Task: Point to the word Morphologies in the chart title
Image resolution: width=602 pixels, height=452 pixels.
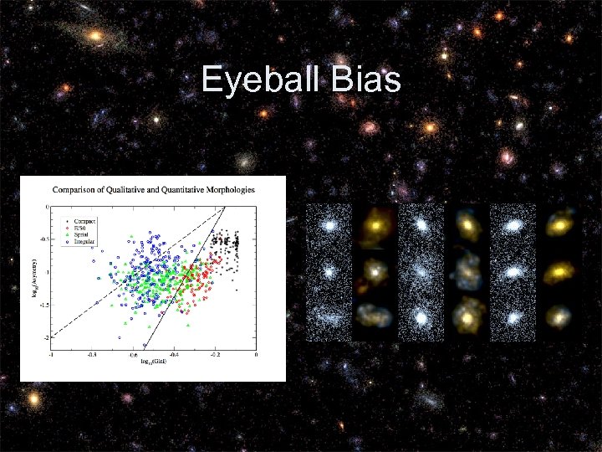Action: (x=231, y=190)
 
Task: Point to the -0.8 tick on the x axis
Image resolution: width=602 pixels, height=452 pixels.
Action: (x=91, y=355)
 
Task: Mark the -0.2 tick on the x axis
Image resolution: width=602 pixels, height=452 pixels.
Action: (x=215, y=355)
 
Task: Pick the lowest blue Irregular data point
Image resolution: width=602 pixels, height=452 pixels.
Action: (x=144, y=344)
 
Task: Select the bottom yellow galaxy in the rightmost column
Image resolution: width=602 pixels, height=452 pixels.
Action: (x=557, y=317)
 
